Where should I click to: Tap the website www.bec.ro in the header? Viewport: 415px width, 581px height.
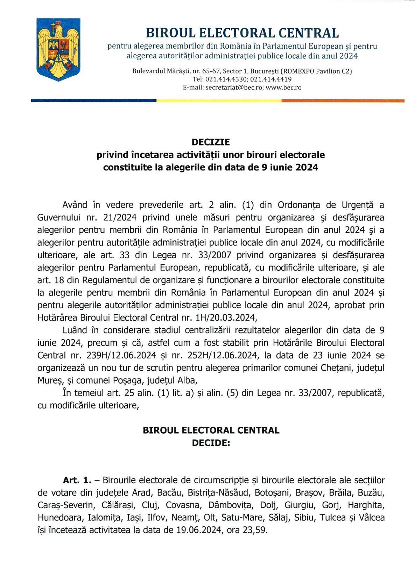coord(283,87)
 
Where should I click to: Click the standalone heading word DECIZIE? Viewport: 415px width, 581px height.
coord(211,142)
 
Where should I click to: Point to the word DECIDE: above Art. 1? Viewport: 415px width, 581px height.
coord(211,443)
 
